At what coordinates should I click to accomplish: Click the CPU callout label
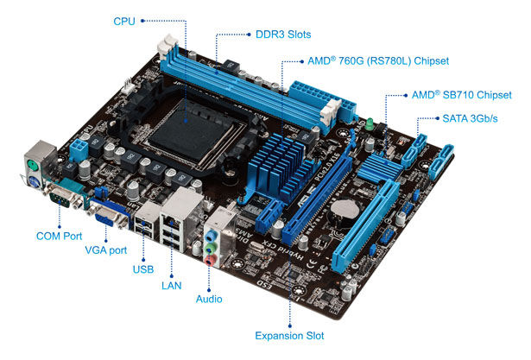tap(124, 22)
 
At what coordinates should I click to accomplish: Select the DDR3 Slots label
tap(283, 35)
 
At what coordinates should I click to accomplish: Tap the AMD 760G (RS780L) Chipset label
tap(378, 61)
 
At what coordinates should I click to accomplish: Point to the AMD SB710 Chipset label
tap(462, 95)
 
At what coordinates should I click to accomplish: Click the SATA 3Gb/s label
tap(470, 118)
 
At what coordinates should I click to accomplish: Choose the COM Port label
tap(60, 236)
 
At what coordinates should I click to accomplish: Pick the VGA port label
tap(105, 250)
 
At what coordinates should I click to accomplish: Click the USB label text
tap(143, 269)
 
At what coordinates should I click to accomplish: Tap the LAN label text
tap(171, 286)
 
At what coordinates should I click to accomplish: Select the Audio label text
tap(209, 299)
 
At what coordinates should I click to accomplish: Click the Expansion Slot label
tap(289, 336)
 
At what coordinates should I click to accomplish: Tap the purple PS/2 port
tap(35, 183)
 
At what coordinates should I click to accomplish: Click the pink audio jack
tap(211, 261)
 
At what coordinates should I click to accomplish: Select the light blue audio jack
tap(211, 235)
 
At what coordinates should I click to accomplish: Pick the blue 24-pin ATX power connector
tap(324, 101)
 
